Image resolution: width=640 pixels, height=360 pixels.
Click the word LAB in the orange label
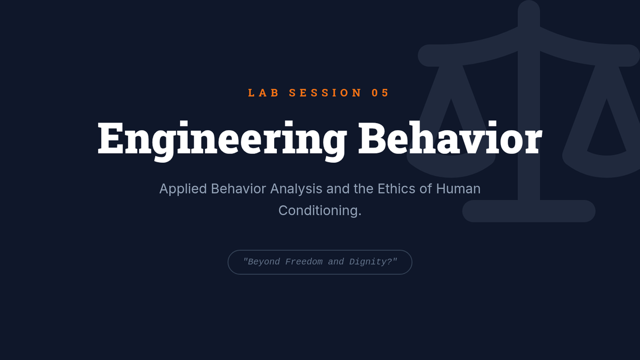tap(263, 93)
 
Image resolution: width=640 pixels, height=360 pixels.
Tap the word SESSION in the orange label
tap(325, 93)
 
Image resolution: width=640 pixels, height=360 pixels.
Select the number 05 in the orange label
tap(380, 93)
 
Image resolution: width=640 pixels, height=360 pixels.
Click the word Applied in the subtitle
tap(183, 189)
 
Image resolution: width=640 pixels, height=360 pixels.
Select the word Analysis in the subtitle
tap(297, 189)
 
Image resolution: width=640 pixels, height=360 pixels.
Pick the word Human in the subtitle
tap(458, 189)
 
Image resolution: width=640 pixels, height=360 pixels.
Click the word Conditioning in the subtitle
tap(318, 211)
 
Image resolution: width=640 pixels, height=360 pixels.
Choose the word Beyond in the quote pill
tap(261, 262)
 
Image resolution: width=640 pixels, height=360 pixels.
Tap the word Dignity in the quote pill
tap(371, 262)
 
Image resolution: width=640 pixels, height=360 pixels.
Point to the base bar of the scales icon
tap(529, 211)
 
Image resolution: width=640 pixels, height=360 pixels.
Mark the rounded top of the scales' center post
tap(529, 9)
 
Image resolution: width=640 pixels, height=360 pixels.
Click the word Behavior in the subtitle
tap(238, 189)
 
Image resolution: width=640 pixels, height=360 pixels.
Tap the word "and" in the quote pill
tap(336, 262)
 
